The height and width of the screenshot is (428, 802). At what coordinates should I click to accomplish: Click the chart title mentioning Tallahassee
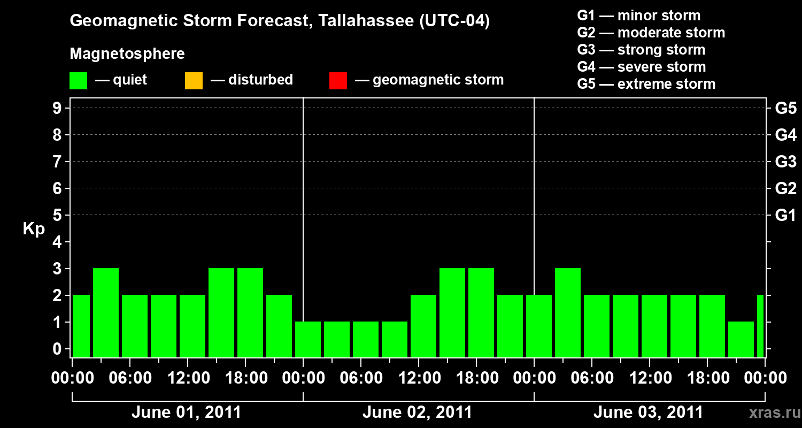280,21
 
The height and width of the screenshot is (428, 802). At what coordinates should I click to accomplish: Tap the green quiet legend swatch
78,81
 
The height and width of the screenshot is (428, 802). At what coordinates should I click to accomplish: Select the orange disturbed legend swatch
194,81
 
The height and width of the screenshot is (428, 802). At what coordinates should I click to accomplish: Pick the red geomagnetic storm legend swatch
338,81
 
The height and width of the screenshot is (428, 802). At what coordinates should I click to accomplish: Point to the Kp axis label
34,229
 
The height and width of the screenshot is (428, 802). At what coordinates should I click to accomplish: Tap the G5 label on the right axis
785,109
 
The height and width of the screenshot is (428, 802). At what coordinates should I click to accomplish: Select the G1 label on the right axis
785,216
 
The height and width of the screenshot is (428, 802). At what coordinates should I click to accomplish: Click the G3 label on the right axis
785,162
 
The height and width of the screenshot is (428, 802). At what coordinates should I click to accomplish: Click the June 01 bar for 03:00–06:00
106,312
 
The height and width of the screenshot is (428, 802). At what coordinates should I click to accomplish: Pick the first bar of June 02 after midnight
308,339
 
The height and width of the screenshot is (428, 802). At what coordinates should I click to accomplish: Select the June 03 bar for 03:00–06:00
568,312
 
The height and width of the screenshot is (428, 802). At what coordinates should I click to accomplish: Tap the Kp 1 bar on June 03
741,339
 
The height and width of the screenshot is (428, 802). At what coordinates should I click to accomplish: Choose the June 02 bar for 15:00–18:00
452,312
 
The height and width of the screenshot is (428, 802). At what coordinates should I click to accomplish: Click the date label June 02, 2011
417,412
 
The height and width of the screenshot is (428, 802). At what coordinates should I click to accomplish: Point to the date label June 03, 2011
648,412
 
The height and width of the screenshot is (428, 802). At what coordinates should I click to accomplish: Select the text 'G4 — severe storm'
642,67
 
